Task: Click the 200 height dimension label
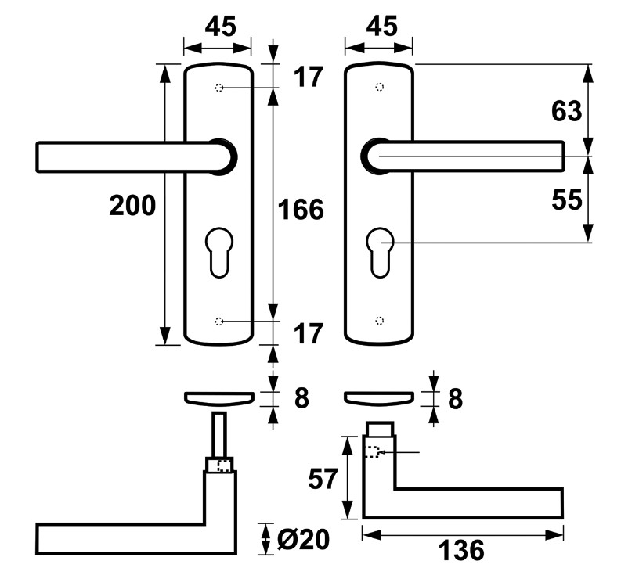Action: tap(132, 206)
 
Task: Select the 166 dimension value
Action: tap(301, 210)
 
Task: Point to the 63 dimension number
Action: tap(566, 112)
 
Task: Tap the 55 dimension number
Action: tap(566, 200)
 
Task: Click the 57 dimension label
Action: tap(322, 479)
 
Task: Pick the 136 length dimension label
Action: tap(462, 551)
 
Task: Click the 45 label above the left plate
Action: tap(220, 27)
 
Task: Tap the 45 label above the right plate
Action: tap(381, 27)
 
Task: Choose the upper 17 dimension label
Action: tap(308, 77)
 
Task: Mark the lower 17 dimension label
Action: tap(308, 334)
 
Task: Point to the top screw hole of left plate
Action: tap(219, 88)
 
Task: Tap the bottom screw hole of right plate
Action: tap(380, 320)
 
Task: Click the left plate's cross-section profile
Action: tap(218, 397)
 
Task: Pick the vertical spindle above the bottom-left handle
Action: tap(219, 433)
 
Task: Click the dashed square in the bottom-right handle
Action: tap(373, 451)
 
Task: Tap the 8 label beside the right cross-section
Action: tap(454, 398)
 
